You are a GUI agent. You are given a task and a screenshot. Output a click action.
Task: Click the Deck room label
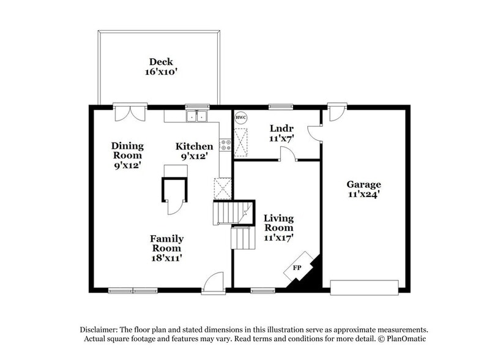pos(161,61)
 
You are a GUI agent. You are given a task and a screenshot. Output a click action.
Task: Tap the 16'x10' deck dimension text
pos(161,72)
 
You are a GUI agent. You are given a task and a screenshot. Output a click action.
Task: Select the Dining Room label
pos(127,151)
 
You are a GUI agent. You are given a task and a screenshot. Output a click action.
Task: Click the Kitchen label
pos(195,146)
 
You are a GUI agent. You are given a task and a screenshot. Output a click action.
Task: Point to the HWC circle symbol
pos(240,116)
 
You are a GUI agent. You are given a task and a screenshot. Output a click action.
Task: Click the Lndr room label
pos(282,128)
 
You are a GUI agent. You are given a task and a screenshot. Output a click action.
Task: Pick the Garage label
pos(363,184)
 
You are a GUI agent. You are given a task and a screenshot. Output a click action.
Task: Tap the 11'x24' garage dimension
pos(363,195)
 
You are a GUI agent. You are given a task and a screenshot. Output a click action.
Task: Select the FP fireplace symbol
pos(297,268)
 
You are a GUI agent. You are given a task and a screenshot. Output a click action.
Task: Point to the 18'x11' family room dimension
pos(166,258)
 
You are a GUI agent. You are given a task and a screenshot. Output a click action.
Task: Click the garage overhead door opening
pos(364,285)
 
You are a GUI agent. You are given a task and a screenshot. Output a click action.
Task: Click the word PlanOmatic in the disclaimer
pos(403,339)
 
